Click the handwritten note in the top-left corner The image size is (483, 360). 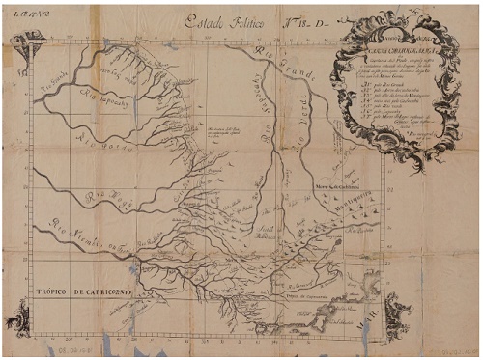(x=19, y=9)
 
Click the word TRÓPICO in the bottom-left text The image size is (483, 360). (x=52, y=291)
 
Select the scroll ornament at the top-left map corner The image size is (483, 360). (x=26, y=42)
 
